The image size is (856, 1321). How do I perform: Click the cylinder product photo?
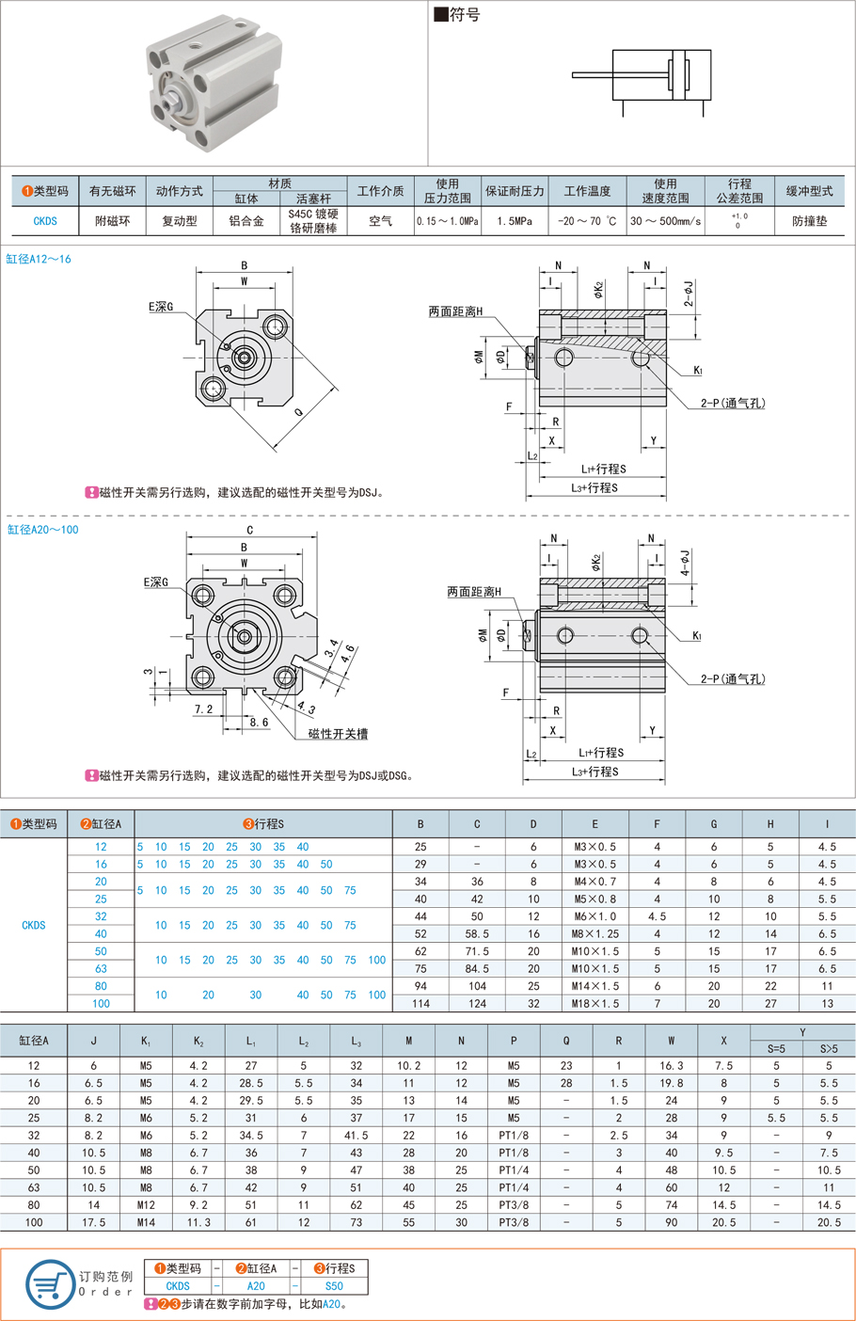tap(214, 82)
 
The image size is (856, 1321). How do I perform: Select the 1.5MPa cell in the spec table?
tap(514, 221)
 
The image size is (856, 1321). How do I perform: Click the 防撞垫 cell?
tap(809, 221)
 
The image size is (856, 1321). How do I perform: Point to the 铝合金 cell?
tap(246, 221)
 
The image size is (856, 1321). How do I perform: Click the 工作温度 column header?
tap(587, 191)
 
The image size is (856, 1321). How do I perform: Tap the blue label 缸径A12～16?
tap(39, 259)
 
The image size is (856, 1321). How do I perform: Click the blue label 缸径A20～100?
tap(43, 530)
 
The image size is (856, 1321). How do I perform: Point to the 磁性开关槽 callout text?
tap(338, 734)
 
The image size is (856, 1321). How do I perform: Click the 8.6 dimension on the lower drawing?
tap(259, 723)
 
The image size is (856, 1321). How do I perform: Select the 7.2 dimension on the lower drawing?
tap(203, 708)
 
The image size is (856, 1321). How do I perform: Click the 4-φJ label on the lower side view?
tap(686, 563)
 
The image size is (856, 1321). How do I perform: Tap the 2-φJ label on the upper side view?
tap(690, 293)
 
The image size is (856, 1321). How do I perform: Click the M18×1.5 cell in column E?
tap(594, 1004)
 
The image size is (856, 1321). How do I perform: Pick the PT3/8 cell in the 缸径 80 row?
tap(514, 1205)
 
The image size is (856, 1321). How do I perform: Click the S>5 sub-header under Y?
tap(828, 1049)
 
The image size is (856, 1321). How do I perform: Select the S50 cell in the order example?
tap(334, 1286)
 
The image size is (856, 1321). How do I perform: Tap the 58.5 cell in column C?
tap(477, 934)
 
